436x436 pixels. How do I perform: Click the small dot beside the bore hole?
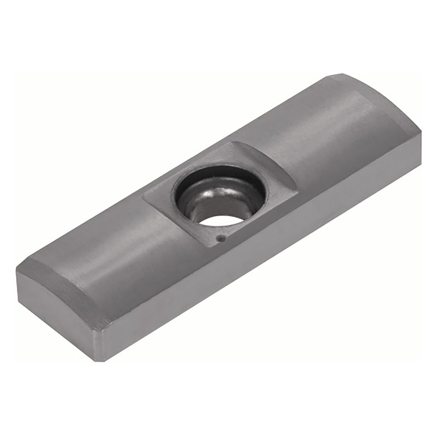[x=220, y=239]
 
